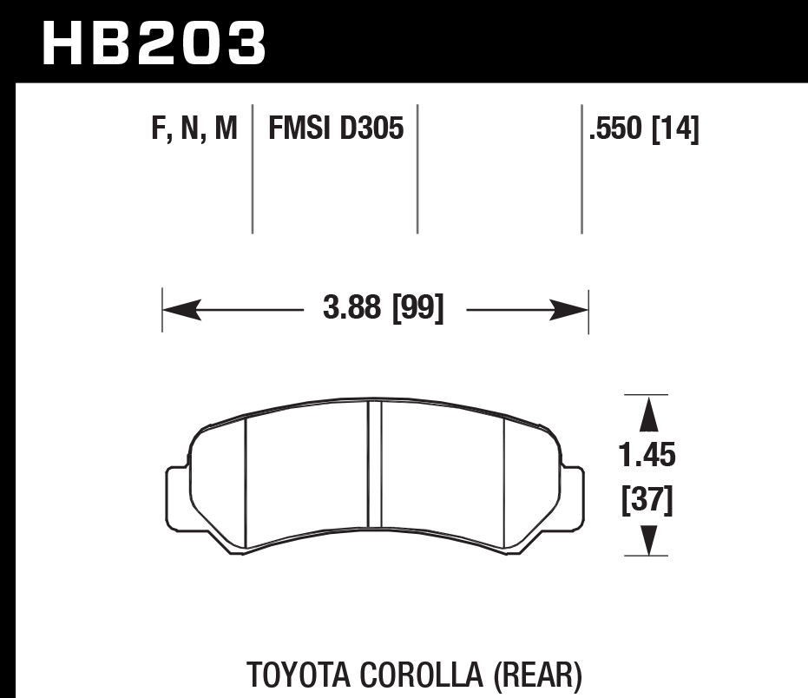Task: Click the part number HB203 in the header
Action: [154, 43]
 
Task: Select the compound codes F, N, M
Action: [194, 130]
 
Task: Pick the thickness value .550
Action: [616, 130]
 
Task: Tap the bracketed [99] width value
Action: [418, 309]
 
